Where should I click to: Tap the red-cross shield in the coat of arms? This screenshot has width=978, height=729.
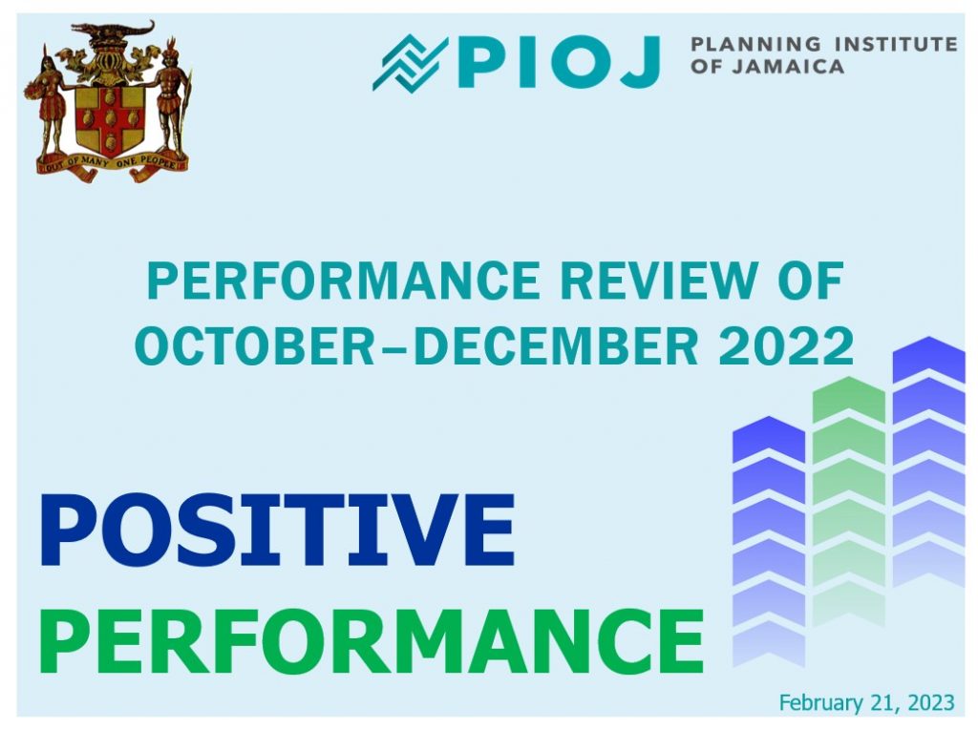[x=108, y=119]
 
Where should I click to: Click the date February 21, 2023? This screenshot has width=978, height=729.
[x=866, y=703]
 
